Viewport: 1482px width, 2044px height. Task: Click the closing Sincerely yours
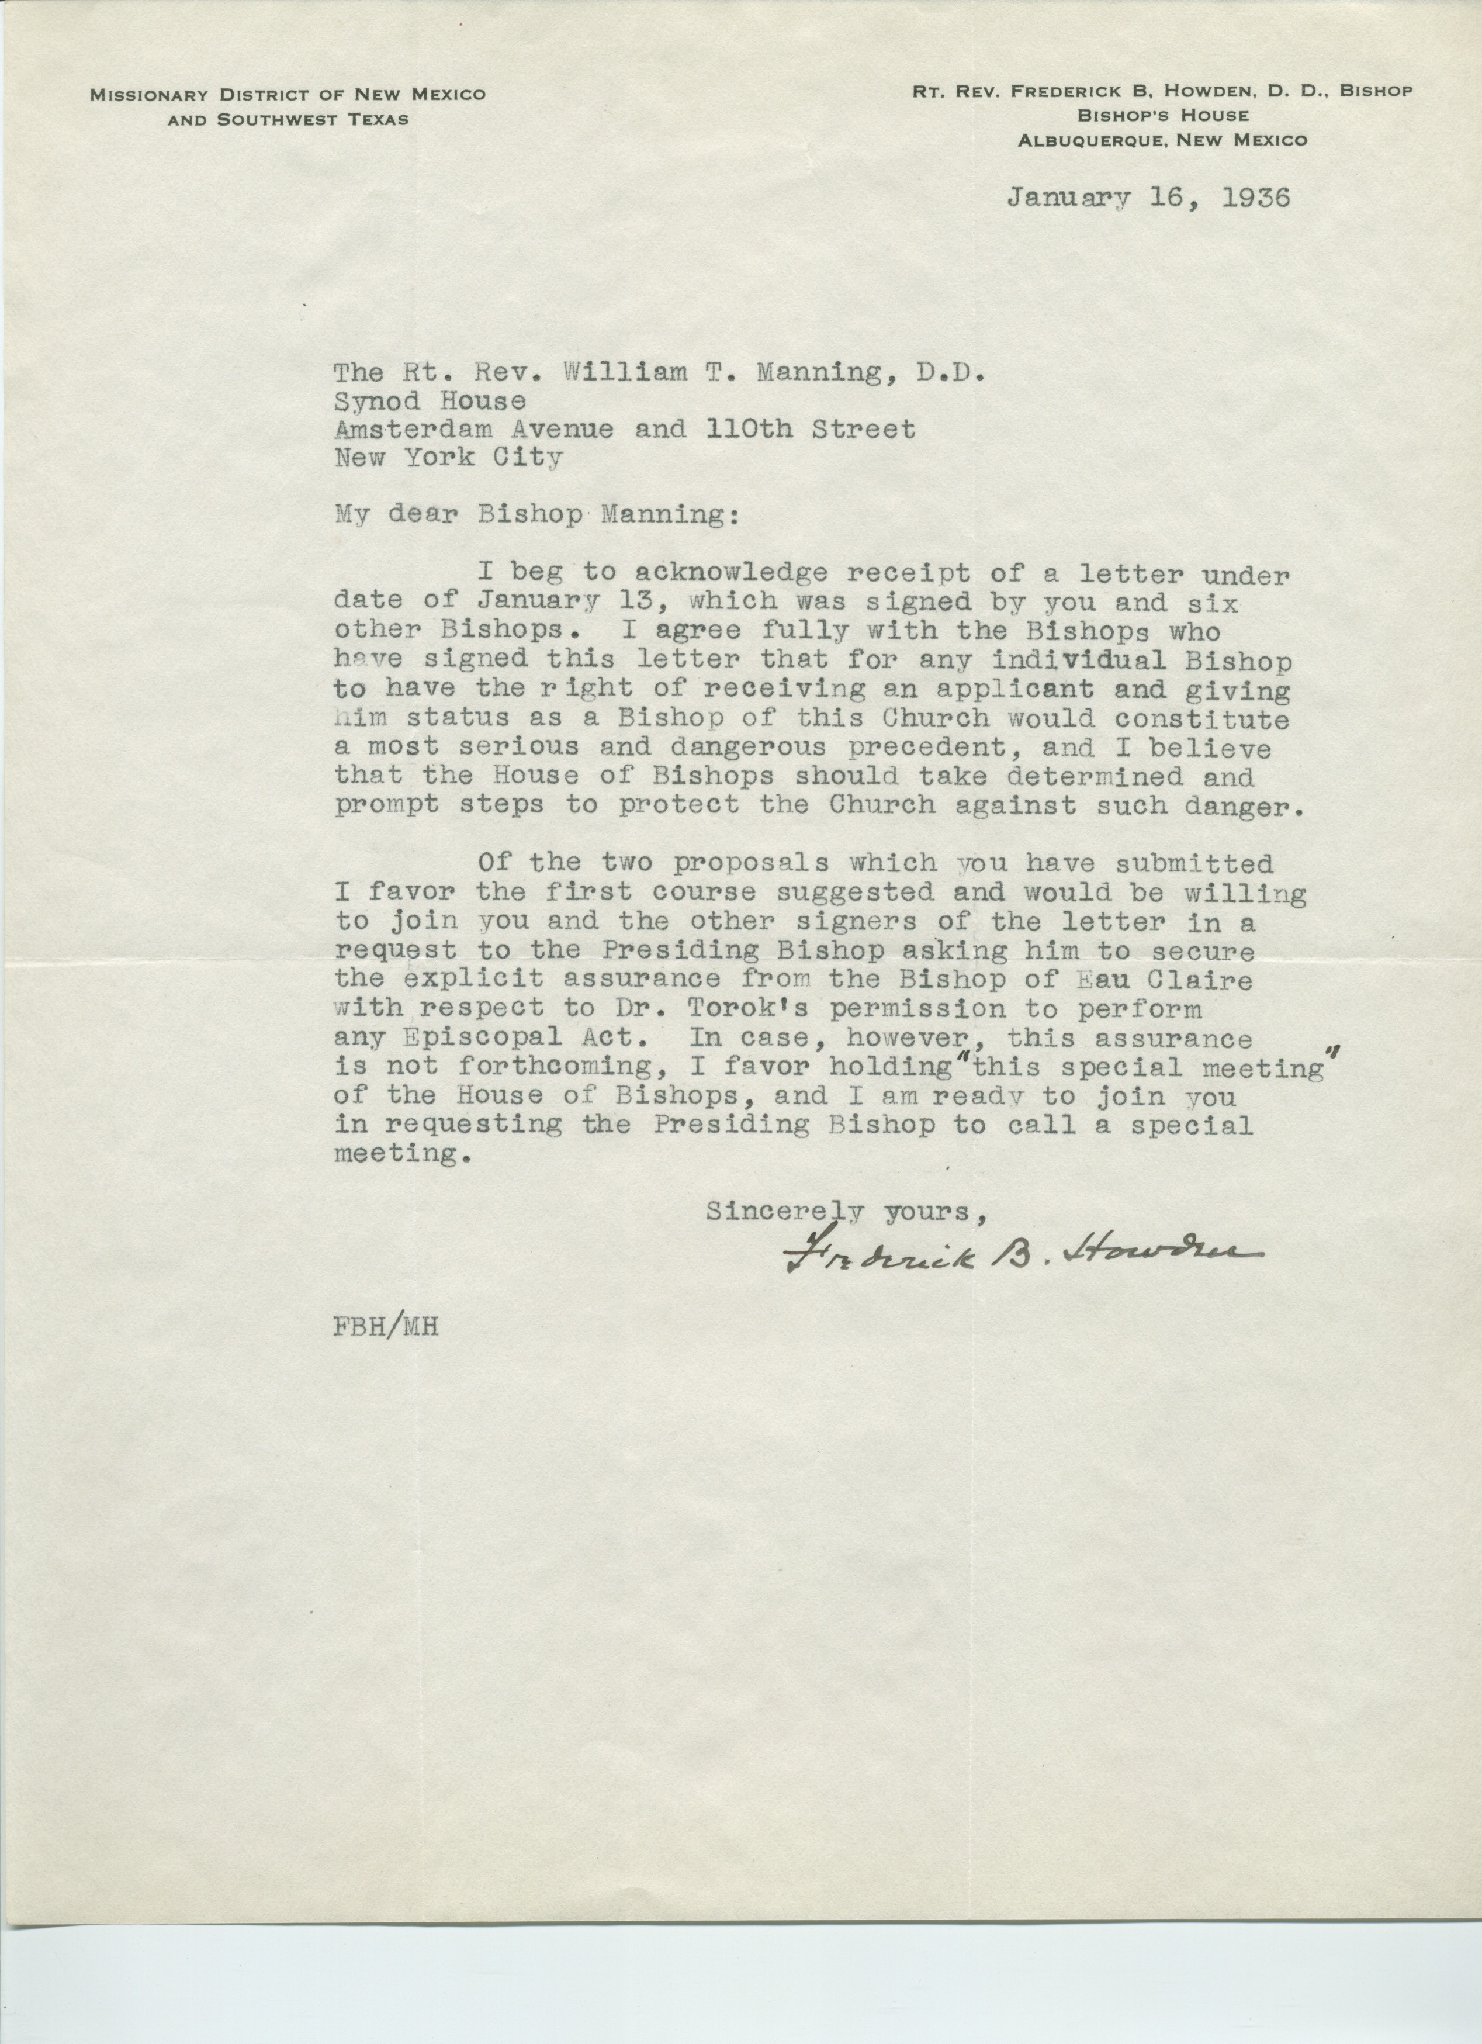point(844,1213)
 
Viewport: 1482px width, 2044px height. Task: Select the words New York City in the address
point(448,458)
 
